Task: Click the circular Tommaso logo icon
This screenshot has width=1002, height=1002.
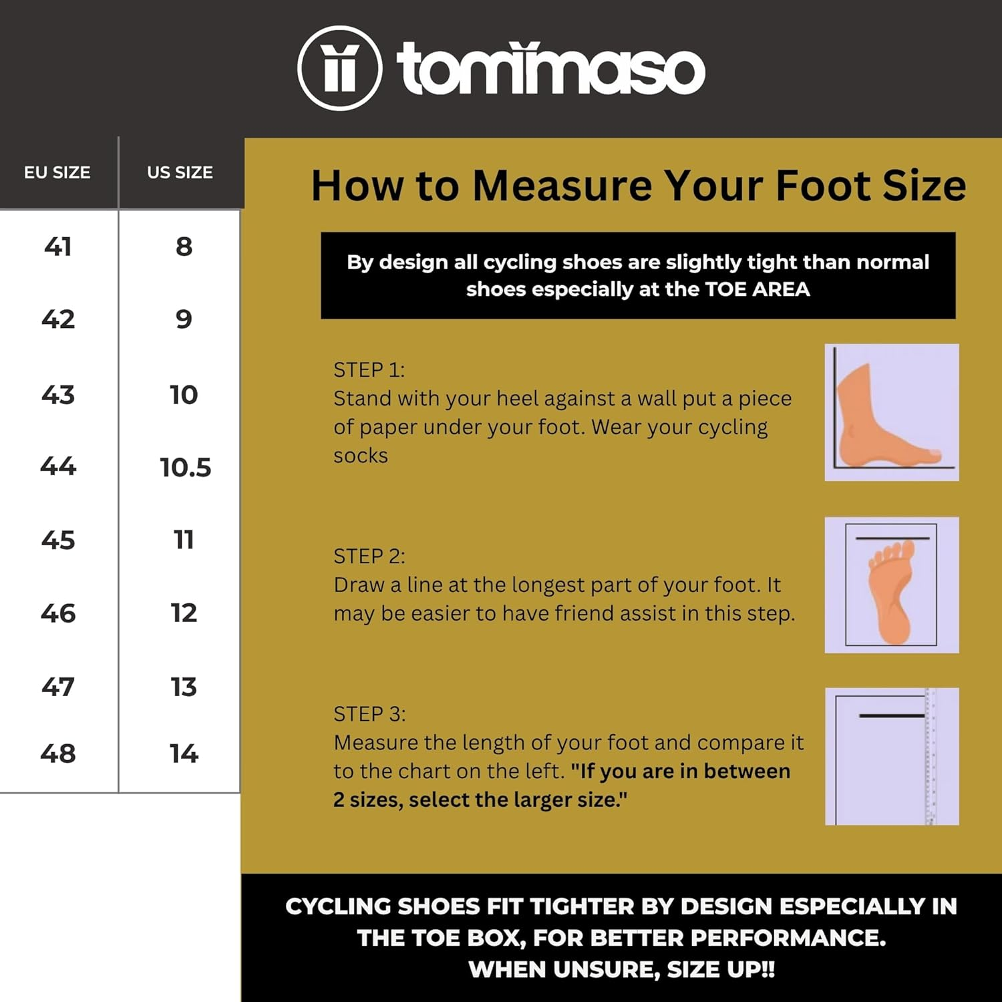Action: pyautogui.click(x=339, y=68)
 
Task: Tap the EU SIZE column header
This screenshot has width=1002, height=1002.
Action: pyautogui.click(x=57, y=172)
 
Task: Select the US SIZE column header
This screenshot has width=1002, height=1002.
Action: pyautogui.click(x=180, y=172)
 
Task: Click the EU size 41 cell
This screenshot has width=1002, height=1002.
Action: pyautogui.click(x=58, y=246)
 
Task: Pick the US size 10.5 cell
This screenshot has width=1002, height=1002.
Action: pyautogui.click(x=185, y=468)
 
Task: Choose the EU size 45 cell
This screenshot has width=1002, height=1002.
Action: pyautogui.click(x=58, y=540)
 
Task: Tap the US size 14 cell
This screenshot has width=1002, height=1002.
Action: pyautogui.click(x=184, y=754)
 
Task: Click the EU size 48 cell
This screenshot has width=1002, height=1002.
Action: pyautogui.click(x=58, y=754)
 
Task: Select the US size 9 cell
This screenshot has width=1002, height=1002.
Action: pyautogui.click(x=184, y=319)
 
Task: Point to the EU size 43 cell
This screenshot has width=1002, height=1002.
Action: pyautogui.click(x=58, y=395)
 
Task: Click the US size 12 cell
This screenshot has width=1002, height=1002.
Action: pyautogui.click(x=184, y=613)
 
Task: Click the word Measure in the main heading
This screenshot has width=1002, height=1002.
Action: pyautogui.click(x=562, y=186)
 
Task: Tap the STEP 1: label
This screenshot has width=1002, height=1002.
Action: pyautogui.click(x=369, y=369)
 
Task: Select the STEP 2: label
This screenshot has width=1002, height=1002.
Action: pyautogui.click(x=369, y=556)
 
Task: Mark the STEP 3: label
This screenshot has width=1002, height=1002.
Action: pyautogui.click(x=369, y=713)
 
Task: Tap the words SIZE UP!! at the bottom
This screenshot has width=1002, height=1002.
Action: pyautogui.click(x=721, y=969)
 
